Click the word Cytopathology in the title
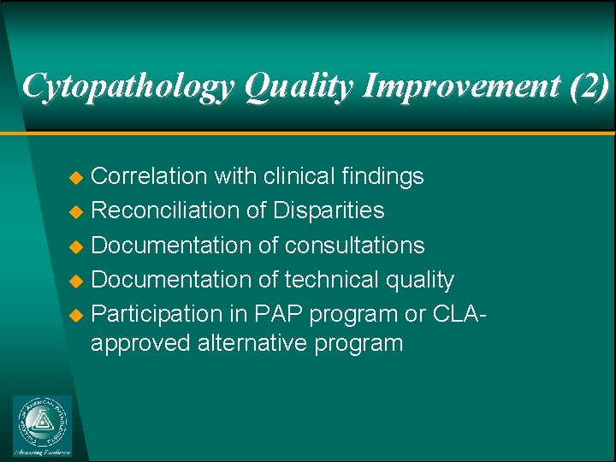(129, 86)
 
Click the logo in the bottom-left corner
(42, 425)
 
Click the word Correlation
(149, 176)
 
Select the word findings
(383, 176)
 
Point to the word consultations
(354, 246)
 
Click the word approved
(140, 344)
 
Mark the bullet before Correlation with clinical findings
(75, 177)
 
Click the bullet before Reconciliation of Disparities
(75, 211)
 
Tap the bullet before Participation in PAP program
(75, 315)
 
